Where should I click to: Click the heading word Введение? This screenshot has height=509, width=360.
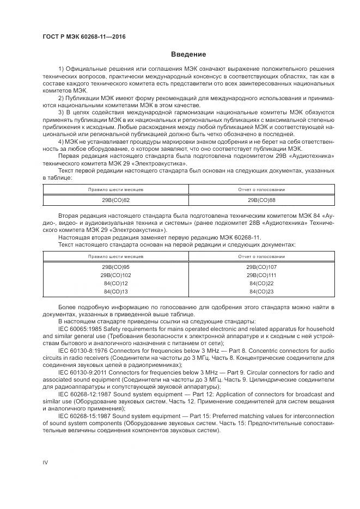pyautogui.click(x=188, y=54)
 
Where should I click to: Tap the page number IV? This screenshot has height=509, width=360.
pyautogui.click(x=46, y=462)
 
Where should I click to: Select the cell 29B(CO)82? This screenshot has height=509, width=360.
pyautogui.click(x=115, y=200)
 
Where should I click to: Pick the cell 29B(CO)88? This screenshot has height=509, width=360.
pyautogui.click(x=261, y=200)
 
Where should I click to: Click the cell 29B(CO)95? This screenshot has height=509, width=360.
pyautogui.click(x=115, y=267)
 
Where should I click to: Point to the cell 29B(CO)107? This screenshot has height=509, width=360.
pyautogui.click(x=261, y=267)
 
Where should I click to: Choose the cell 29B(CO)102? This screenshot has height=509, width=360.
pyautogui.click(x=115, y=275)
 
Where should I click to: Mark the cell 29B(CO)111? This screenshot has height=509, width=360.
pyautogui.click(x=261, y=275)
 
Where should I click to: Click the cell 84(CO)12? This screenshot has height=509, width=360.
pyautogui.click(x=115, y=284)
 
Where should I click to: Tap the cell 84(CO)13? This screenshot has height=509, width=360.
pyautogui.click(x=115, y=292)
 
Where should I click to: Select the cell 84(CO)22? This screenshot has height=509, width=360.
pyautogui.click(x=261, y=284)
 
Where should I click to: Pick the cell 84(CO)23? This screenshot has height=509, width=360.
pyautogui.click(x=261, y=292)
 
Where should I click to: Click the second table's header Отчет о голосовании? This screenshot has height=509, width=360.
pyautogui.click(x=261, y=255)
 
